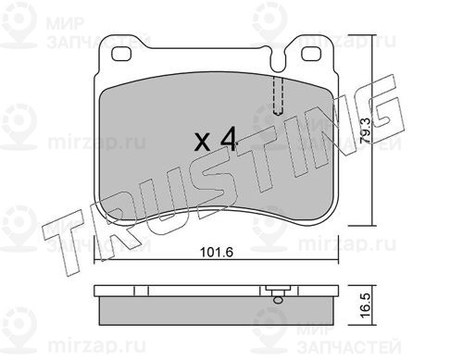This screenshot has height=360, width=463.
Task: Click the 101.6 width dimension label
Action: tap(217, 253)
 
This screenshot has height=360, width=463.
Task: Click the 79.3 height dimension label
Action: tap(367, 130)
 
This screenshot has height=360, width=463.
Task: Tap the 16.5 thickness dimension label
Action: tap(365, 305)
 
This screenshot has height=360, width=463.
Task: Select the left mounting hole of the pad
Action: tap(121, 54)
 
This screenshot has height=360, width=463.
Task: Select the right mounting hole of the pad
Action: tap(311, 54)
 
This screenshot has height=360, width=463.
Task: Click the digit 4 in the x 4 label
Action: tap(228, 139)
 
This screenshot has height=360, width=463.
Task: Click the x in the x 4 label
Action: tap(203, 143)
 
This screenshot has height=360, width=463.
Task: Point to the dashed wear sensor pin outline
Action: tap(278, 96)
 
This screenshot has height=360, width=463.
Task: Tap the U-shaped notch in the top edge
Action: tap(278, 62)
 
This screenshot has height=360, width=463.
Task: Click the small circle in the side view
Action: tap(278, 300)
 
